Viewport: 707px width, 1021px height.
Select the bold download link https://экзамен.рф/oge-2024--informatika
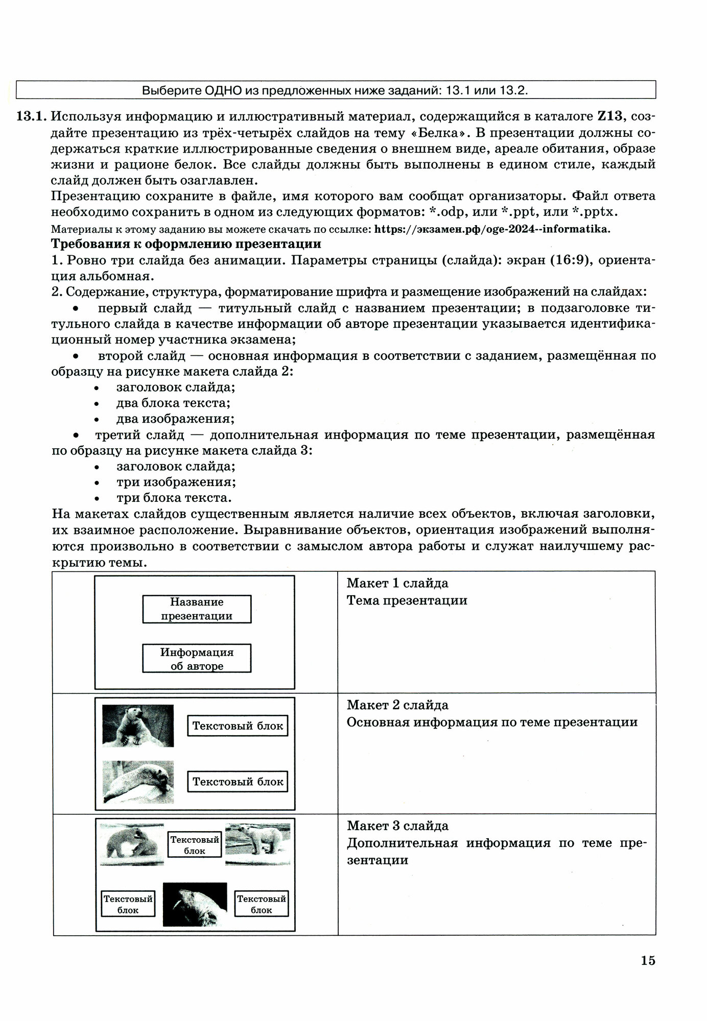[x=492, y=229]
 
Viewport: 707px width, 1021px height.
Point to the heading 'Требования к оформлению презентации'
[x=186, y=244]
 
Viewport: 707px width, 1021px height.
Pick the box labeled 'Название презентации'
[x=197, y=609]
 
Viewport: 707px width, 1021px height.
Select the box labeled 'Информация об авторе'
[x=197, y=659]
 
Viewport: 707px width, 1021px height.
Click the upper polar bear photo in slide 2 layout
[x=138, y=726]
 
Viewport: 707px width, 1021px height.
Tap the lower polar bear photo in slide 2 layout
[x=138, y=782]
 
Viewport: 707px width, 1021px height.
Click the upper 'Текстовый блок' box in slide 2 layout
[x=238, y=726]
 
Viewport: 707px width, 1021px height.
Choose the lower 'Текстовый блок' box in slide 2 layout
[x=238, y=782]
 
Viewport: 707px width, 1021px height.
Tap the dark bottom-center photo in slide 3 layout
[x=195, y=904]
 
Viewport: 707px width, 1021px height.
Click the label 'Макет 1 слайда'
[x=397, y=583]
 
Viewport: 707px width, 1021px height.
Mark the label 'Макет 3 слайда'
[x=397, y=825]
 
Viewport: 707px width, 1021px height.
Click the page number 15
[x=647, y=960]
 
